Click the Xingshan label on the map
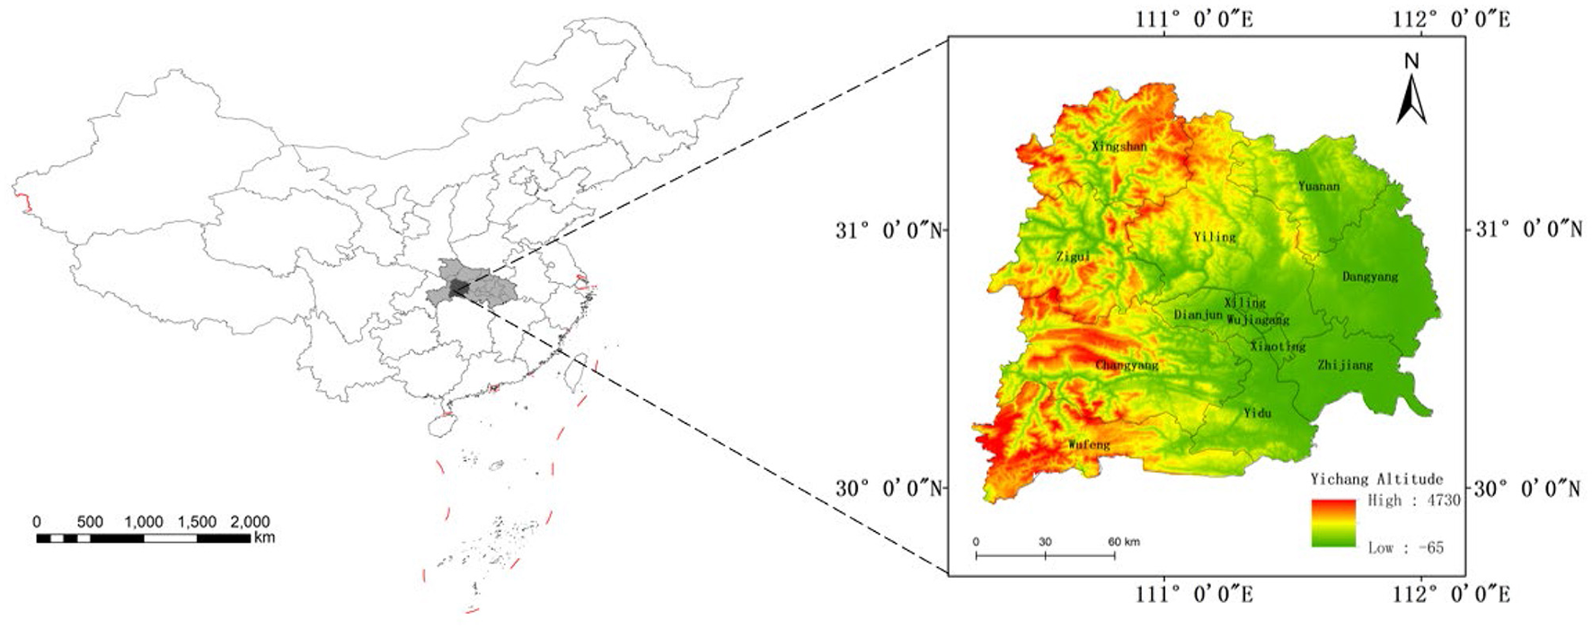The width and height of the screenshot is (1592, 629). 1119,146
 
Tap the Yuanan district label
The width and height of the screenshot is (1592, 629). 1318,187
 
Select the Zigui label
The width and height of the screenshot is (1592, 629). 1073,257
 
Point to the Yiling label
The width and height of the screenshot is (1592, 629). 1215,237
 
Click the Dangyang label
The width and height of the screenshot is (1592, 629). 1370,277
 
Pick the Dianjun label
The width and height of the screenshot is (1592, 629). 1198,315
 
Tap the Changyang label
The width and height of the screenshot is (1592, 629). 1127,366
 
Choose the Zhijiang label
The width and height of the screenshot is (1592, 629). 1345,365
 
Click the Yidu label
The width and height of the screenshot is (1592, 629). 1257,413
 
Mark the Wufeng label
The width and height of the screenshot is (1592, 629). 1089,445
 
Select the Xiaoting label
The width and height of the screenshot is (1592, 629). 1278,347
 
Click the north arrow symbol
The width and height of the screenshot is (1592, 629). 1411,90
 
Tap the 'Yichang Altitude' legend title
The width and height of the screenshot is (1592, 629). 1376,480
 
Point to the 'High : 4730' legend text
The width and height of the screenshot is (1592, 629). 1414,501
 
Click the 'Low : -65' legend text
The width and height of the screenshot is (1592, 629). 1405,547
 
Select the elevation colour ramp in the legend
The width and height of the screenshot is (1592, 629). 1332,523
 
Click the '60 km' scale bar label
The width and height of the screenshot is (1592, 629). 1123,542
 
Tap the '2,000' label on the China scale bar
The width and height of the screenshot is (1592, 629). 250,522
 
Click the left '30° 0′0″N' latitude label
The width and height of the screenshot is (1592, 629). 889,489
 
